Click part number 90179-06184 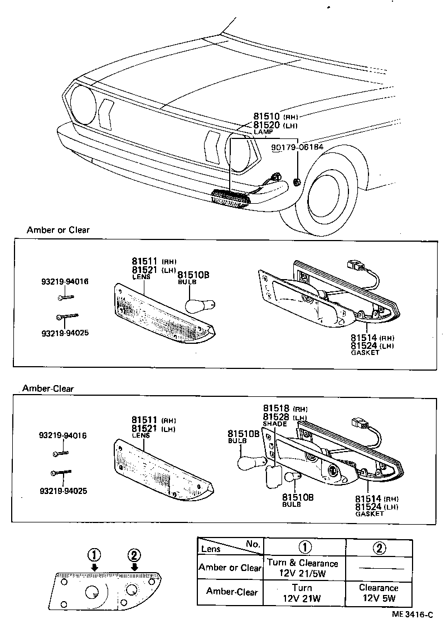297,148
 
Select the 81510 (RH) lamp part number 266,117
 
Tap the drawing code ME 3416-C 412,615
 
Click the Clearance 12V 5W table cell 379,593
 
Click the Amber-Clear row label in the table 230,592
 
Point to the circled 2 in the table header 379,548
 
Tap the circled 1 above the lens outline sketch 94,555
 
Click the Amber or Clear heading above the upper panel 58,230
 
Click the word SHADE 274,424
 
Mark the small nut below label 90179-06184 297,181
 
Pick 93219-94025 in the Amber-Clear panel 64,491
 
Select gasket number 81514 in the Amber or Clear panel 364,338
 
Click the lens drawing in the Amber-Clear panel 162,469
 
